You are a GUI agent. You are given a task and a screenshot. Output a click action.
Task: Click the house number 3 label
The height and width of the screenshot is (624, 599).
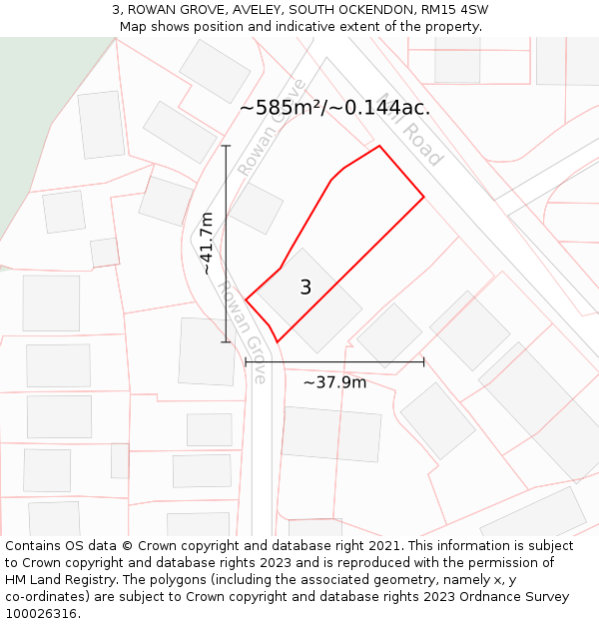305,288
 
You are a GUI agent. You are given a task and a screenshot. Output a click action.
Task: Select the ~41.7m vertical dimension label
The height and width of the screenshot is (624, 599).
207,244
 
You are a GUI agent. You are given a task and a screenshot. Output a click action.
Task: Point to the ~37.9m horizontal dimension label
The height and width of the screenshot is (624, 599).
334,382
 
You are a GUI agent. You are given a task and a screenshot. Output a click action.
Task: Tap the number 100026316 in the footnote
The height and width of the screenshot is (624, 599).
39,614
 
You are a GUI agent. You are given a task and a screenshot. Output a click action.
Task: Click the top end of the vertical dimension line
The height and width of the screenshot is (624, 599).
226,147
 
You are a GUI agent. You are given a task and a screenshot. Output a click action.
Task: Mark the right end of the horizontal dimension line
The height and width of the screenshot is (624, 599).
423,361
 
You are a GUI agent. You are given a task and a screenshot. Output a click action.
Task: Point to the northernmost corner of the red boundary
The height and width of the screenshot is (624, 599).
379,147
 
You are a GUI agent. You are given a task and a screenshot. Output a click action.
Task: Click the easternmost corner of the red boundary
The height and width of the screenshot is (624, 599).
423,197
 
